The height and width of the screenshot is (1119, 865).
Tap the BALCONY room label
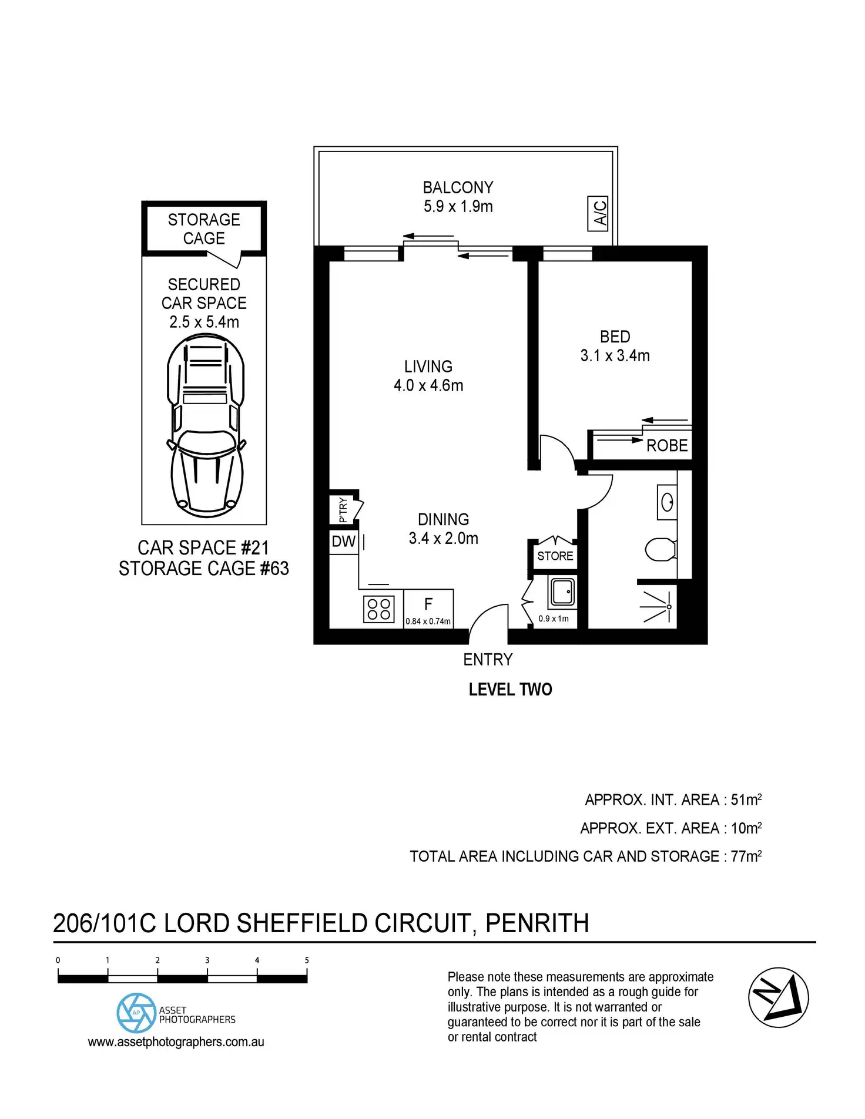[x=458, y=188]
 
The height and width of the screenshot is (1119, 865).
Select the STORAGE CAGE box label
[x=204, y=228]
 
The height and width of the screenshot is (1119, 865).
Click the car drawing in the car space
[x=205, y=424]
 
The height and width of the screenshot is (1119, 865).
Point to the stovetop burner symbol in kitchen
[x=379, y=609]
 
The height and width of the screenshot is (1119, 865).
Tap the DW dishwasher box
[x=344, y=542]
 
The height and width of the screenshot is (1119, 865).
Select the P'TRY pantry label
[x=343, y=509]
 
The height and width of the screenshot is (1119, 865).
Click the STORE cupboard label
[x=555, y=556]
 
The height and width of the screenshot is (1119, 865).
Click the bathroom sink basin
[x=668, y=502]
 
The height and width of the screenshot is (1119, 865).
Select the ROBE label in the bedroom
[x=667, y=446]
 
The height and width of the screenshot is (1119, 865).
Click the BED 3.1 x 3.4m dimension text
[x=615, y=356]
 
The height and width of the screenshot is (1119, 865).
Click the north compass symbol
[x=778, y=997]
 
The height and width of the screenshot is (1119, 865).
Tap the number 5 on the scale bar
[x=307, y=960]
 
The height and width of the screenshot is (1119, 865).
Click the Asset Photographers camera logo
[x=136, y=1013]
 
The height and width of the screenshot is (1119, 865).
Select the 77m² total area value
[x=746, y=856]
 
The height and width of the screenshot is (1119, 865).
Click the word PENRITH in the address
[x=537, y=924]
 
